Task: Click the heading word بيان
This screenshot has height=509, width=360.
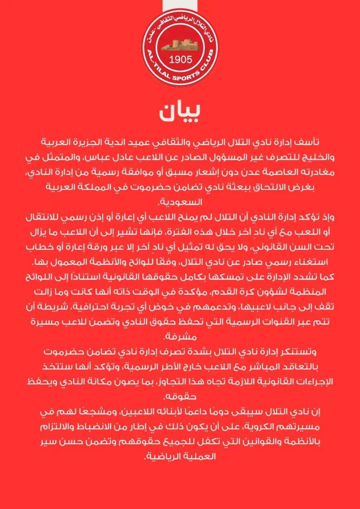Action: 180,112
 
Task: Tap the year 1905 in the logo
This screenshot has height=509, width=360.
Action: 181,59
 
